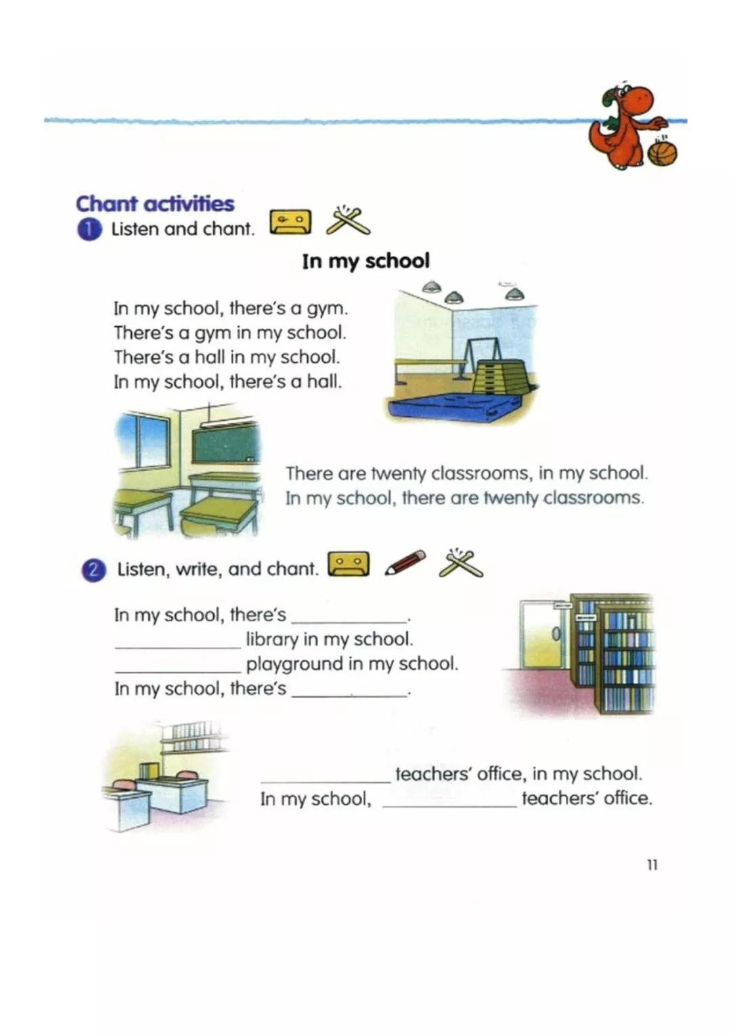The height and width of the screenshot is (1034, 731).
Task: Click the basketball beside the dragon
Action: (x=662, y=152)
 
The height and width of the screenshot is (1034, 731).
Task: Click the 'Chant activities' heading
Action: (x=155, y=203)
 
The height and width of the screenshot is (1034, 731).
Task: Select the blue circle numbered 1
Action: (x=89, y=229)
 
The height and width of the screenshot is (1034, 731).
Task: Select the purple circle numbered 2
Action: (x=93, y=570)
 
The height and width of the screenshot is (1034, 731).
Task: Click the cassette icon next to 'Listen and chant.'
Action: (x=290, y=222)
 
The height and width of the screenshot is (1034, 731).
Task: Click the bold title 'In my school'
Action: (x=365, y=261)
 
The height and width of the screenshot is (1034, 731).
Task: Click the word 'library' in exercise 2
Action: (x=271, y=639)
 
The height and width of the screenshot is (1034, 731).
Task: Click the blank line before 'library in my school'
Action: (x=177, y=643)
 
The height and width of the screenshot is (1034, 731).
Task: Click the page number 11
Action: (x=652, y=865)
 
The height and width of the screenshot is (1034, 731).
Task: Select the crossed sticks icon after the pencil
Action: (x=461, y=563)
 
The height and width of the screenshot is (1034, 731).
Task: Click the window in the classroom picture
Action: (x=143, y=441)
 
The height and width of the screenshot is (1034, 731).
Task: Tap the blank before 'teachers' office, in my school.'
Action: (x=326, y=777)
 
